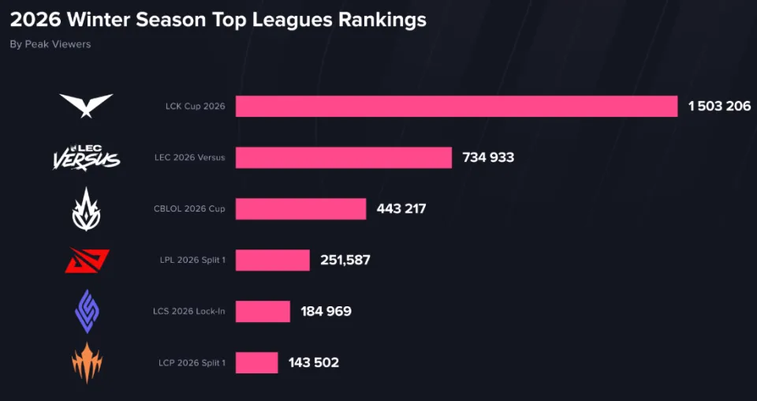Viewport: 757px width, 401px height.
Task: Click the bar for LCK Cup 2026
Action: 456,106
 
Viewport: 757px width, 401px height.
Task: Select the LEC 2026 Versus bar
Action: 344,157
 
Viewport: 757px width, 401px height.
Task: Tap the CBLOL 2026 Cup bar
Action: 300,208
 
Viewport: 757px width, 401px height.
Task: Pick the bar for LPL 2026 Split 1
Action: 272,260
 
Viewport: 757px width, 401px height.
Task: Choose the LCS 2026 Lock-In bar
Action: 263,311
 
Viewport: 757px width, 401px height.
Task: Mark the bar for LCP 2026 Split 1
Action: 256,362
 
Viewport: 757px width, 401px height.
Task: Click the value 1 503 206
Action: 718,106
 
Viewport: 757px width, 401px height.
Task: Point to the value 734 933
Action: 488,157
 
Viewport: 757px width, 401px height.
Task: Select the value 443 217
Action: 401,208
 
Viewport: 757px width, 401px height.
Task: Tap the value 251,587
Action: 345,260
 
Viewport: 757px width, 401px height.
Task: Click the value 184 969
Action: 326,311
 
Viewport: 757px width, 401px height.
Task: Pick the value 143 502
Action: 313,362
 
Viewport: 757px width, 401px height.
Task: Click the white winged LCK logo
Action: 86,105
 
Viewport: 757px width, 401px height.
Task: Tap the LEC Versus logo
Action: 86,156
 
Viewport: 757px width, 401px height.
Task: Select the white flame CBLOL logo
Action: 86,209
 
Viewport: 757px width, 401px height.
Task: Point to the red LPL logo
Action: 87,260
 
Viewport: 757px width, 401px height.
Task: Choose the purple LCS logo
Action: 87,311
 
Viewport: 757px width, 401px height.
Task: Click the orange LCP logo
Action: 87,362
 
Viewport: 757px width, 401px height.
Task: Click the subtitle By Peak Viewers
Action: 50,44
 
